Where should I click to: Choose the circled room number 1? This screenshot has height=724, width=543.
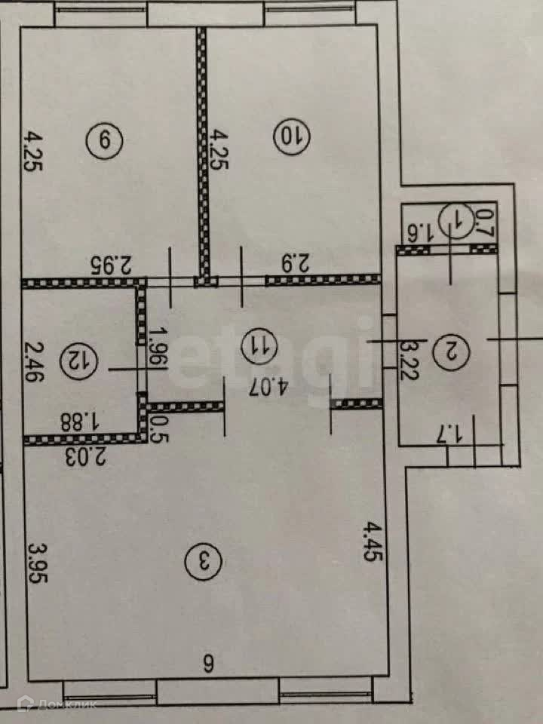click(x=459, y=222)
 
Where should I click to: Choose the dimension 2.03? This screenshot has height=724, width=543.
click(x=83, y=456)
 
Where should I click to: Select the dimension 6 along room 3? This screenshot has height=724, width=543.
click(x=207, y=664)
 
